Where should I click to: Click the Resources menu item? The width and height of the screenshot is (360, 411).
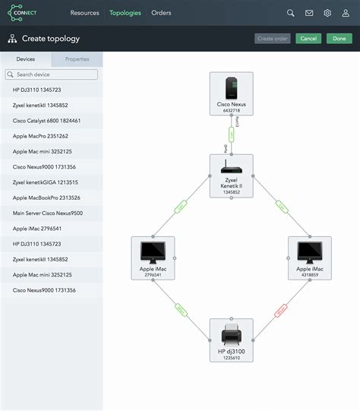(84, 13)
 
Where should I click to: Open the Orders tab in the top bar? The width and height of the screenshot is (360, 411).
(161, 13)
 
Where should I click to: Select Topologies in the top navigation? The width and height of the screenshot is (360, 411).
(125, 13)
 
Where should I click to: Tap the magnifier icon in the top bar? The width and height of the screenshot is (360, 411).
(291, 13)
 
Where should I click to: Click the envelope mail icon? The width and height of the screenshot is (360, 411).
(309, 13)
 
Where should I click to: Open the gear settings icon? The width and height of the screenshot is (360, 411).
(327, 13)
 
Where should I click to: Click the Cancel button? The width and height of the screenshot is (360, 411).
(308, 39)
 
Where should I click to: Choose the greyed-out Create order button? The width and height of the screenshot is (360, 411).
(273, 39)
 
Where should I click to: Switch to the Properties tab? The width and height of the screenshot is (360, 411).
(77, 58)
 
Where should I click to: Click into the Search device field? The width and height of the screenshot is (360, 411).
(52, 74)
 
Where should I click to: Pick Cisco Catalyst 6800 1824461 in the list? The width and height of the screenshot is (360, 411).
(47, 121)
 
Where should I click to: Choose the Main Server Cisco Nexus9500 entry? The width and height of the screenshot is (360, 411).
(48, 213)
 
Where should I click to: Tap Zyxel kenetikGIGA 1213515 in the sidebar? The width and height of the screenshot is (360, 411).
(46, 182)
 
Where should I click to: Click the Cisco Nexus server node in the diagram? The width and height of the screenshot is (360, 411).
(231, 93)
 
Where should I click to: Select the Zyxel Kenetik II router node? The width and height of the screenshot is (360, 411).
(231, 175)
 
